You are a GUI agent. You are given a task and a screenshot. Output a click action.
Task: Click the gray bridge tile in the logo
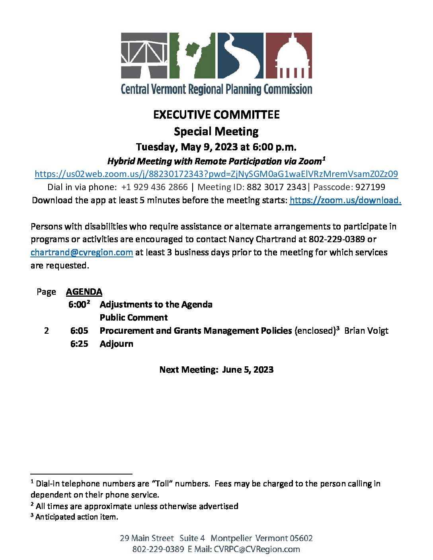pos(144,55)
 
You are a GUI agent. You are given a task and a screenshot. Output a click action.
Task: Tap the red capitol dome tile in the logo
pos(289,55)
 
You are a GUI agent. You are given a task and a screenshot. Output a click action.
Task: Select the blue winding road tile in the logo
pos(240,55)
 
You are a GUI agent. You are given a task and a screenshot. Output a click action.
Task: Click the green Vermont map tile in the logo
pos(192,55)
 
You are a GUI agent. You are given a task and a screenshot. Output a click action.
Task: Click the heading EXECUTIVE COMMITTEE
pos(216,115)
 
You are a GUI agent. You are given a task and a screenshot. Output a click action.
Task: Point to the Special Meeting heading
pos(216,131)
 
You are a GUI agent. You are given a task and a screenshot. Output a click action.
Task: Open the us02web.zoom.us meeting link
pos(216,174)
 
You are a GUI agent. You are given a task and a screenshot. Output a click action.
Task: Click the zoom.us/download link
pos(345,200)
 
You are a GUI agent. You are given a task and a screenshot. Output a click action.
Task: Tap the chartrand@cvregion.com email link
pos(82,252)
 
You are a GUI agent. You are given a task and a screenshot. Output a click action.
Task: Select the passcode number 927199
pos(370,187)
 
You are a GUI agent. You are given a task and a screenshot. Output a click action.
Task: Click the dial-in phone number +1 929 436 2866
pos(154,187)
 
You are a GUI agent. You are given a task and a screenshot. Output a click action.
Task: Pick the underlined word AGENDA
pos(84,292)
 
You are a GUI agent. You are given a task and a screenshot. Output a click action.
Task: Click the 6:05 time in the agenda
pos(79,331)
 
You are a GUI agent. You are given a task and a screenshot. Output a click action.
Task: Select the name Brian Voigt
pos(366,331)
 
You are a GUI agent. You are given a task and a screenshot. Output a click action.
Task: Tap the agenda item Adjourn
pos(116,344)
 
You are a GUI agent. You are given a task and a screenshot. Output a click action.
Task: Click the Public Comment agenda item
pos(134,317)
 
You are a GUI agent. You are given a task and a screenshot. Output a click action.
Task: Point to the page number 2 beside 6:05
pos(47,331)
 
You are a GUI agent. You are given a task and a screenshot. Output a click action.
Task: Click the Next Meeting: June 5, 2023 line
pos(216,369)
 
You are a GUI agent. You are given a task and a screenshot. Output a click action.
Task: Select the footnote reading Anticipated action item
pos(76,517)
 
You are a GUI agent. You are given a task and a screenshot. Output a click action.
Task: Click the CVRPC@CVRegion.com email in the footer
pos(257,549)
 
